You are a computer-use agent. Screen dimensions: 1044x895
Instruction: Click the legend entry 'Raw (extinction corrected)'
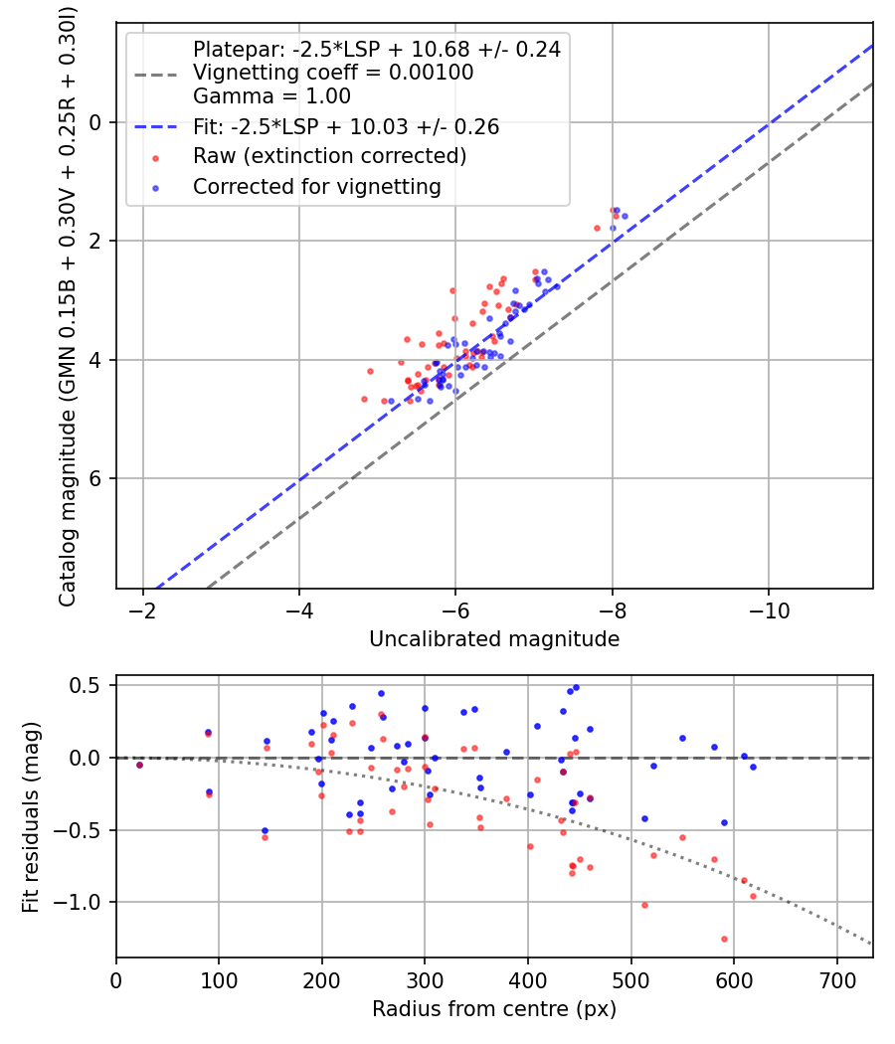(x=329, y=156)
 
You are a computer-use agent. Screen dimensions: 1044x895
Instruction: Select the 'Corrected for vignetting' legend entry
(x=316, y=186)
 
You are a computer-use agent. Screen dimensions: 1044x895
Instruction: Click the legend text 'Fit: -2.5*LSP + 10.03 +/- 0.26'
(x=345, y=126)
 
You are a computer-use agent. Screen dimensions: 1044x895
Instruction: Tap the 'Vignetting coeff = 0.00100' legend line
(x=333, y=73)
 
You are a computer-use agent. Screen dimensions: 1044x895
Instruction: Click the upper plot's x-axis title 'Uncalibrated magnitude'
(x=494, y=639)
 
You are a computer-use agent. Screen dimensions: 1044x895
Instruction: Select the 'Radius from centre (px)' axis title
(x=494, y=1009)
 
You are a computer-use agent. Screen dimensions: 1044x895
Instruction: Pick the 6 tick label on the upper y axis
(x=96, y=478)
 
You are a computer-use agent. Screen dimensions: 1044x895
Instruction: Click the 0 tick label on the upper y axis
(x=96, y=122)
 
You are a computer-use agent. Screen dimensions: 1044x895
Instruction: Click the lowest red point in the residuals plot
(x=724, y=939)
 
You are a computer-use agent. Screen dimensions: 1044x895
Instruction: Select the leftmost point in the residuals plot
(x=139, y=765)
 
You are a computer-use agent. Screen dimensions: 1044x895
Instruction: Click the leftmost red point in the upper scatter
(x=364, y=399)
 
